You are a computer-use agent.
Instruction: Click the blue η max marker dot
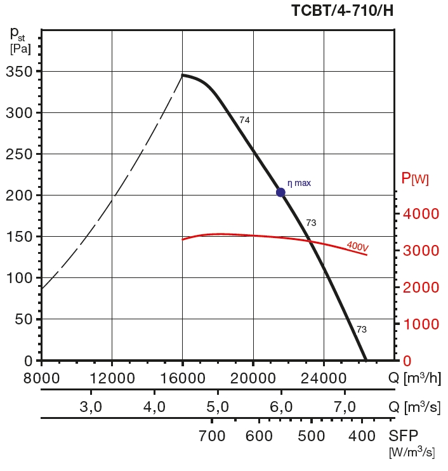tap(280, 192)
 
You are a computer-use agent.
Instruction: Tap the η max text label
tap(300, 183)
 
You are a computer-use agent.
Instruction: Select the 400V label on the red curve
tap(358, 246)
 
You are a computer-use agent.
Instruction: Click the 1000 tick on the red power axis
tap(421, 324)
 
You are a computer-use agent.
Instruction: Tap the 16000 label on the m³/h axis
tap(182, 379)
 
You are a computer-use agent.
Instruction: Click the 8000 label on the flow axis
tap(42, 379)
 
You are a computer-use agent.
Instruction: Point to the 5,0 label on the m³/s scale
tap(218, 407)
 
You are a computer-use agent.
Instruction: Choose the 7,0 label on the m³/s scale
tap(345, 407)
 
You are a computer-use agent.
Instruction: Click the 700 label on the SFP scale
tap(213, 436)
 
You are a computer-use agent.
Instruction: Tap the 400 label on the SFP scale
tap(362, 436)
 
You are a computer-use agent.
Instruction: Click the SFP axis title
tap(404, 436)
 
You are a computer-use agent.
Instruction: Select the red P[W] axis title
tap(415, 179)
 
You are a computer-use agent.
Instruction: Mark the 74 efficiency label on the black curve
tap(244, 120)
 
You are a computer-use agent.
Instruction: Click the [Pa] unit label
tap(20, 47)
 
